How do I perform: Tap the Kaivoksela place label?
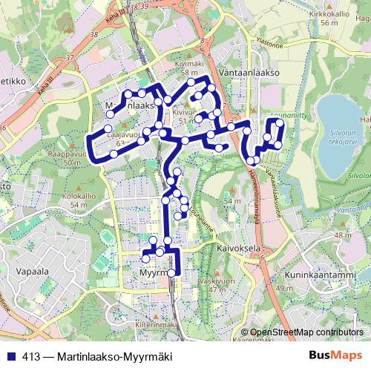[x=236, y=250]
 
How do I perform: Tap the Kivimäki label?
[x=189, y=65]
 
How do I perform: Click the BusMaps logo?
[x=333, y=354]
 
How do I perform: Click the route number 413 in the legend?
[x=31, y=354]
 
